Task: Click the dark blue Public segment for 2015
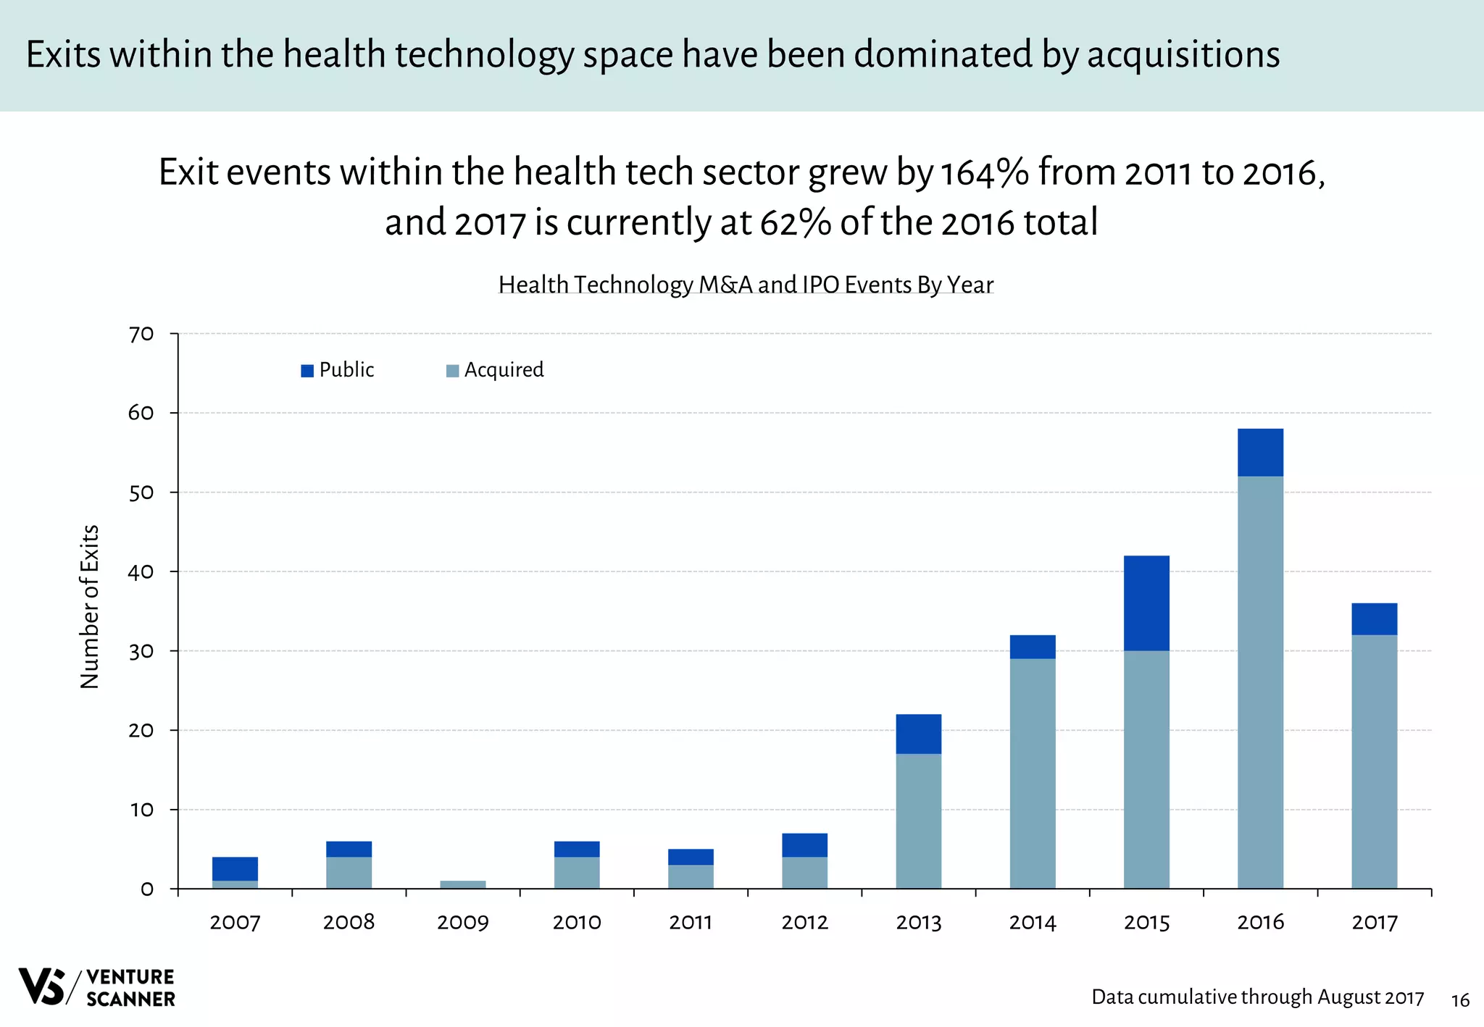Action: pos(1146,603)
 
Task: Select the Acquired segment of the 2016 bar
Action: pos(1260,681)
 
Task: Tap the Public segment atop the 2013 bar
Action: pos(918,734)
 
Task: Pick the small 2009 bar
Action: pos(463,884)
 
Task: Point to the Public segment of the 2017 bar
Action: pos(1374,619)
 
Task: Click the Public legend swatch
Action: pos(307,371)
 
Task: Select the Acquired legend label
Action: pos(504,370)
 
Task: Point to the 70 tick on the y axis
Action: pos(141,334)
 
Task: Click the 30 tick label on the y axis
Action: pos(141,651)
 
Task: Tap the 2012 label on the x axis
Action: pos(804,922)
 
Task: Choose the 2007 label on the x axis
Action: pos(235,922)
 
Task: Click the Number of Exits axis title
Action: pos(89,607)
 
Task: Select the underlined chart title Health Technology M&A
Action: pos(746,285)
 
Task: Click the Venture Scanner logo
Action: pos(96,987)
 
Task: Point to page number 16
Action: pos(1460,1001)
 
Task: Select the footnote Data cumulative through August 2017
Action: pos(1257,997)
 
